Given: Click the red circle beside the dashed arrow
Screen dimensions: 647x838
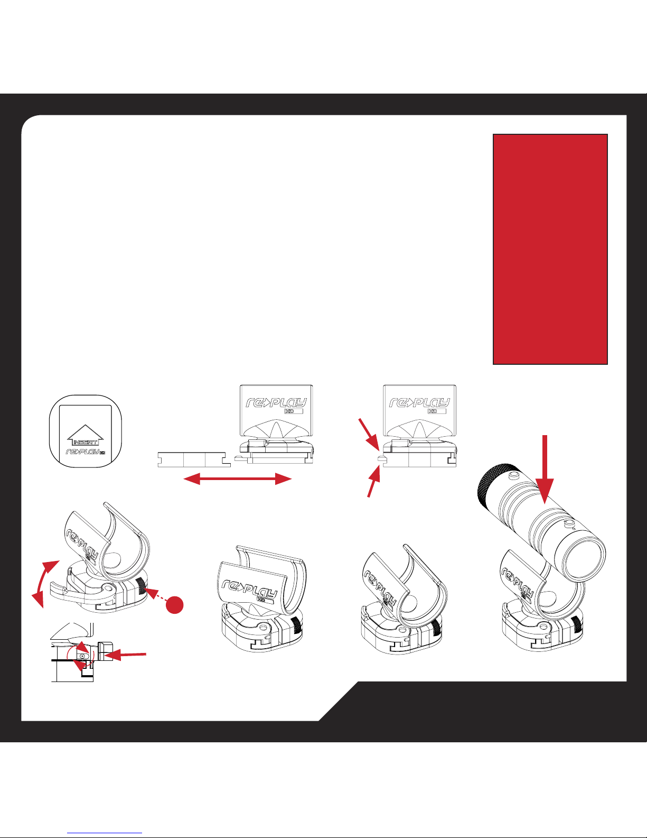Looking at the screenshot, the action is point(174,605).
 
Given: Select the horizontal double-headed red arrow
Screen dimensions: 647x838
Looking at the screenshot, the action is point(238,480).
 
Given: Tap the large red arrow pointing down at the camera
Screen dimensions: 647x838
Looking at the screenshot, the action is point(545,469).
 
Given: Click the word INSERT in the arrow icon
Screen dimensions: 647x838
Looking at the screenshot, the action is point(86,442).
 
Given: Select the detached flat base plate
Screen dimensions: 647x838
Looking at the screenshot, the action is point(194,459).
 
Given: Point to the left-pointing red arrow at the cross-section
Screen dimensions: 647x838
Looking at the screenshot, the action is point(125,655).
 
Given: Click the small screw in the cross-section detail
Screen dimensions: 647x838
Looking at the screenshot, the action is point(82,656).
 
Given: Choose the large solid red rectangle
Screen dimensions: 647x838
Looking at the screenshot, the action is point(550,249).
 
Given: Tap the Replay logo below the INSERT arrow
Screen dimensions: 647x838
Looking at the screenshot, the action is point(86,452).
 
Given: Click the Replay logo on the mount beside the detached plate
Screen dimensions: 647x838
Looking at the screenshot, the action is point(276,403).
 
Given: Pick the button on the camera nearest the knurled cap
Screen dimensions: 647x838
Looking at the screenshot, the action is point(513,475).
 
